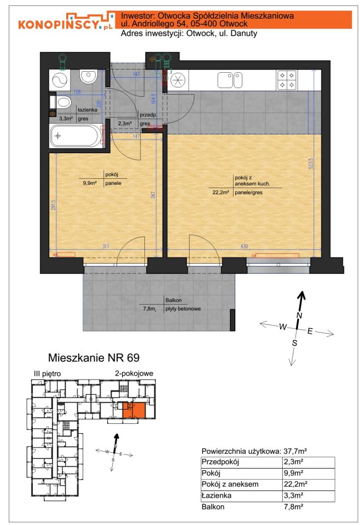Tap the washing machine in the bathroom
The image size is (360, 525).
(60, 80)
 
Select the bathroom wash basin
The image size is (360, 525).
(89, 77)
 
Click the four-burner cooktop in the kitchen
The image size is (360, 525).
(287, 80)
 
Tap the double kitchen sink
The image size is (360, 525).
(230, 80)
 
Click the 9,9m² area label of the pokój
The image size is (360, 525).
(90, 183)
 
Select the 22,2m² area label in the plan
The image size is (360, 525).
(220, 192)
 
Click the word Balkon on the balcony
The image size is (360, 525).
(173, 300)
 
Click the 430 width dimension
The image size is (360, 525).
(245, 246)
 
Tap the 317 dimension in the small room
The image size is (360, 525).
(106, 246)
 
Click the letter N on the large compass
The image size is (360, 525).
(299, 315)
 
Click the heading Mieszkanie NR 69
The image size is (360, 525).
(94, 358)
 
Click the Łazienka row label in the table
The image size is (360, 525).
(216, 495)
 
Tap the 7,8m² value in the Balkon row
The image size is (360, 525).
(293, 506)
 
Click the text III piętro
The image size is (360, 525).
(47, 374)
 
